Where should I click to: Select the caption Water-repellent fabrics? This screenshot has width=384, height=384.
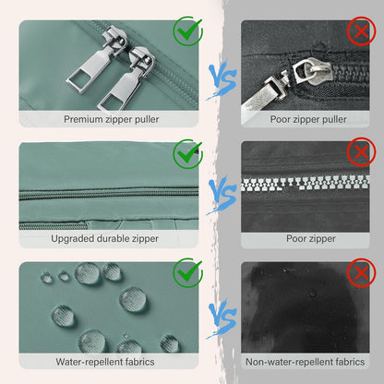coord(105,362)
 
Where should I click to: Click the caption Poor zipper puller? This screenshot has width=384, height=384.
coord(308,119)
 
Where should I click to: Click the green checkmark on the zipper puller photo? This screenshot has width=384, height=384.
coord(188,30)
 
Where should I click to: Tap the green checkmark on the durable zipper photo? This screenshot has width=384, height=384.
coord(188,153)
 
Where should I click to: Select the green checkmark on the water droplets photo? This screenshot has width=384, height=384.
coord(188,272)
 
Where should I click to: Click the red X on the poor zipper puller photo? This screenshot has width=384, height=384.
coord(362,31)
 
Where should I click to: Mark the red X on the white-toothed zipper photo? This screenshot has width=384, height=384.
coord(362,151)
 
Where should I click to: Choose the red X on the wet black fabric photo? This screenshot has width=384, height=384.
coord(362,273)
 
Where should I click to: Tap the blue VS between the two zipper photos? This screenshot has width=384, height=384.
coord(222,196)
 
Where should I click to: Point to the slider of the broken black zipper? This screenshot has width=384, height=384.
coord(311,72)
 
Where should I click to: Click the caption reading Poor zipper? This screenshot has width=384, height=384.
coord(311,238)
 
